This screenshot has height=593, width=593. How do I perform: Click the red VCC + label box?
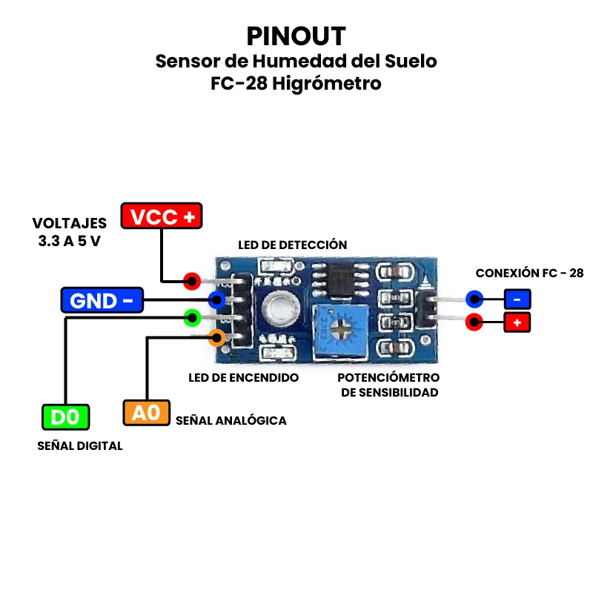[x=162, y=216]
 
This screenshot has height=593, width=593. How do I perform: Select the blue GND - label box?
[x=102, y=300]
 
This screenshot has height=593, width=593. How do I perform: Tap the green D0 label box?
[x=65, y=417]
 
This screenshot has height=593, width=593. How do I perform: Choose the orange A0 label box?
[x=147, y=412]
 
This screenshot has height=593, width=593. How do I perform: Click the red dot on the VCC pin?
[x=192, y=281]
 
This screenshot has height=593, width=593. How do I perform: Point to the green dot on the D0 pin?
[x=192, y=319]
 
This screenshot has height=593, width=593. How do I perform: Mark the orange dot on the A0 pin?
[x=216, y=338]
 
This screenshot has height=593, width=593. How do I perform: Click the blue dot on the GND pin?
[x=217, y=300]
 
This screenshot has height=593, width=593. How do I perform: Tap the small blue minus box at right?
[x=517, y=299]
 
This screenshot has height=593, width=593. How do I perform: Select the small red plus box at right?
[x=517, y=322]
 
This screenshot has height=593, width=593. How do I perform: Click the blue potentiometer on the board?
[x=339, y=327]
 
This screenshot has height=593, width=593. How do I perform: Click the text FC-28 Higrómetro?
[x=296, y=83]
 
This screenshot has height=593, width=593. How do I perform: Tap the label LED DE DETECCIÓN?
[x=292, y=245]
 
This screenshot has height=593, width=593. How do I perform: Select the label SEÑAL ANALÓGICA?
[x=231, y=420]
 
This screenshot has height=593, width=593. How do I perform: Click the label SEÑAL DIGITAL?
[x=80, y=445]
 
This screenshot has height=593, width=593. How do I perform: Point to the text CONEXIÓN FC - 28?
[x=529, y=273]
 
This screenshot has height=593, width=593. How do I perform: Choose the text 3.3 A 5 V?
[x=69, y=241]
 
